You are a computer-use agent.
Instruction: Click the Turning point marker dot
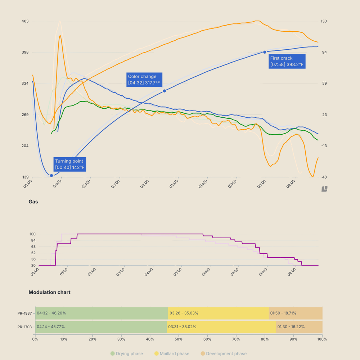tap(51, 175)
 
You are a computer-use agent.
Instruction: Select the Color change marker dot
tap(165, 91)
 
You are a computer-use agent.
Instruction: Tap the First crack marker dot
tap(265, 53)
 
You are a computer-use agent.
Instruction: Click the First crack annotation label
tap(287, 62)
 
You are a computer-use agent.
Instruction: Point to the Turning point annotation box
tap(70, 165)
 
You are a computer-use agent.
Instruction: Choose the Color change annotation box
tap(144, 80)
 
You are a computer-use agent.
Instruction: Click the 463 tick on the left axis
tap(25, 21)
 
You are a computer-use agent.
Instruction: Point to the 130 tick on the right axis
tap(324, 21)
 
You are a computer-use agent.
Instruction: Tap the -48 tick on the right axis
tap(324, 177)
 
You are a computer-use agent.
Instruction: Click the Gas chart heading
tap(33, 202)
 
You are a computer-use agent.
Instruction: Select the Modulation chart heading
tap(49, 292)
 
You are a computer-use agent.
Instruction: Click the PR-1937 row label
tap(25, 313)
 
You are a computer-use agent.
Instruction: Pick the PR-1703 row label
tap(25, 327)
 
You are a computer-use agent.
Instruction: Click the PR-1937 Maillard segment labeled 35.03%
tap(218, 313)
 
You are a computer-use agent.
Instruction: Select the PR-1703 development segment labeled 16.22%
tap(299, 327)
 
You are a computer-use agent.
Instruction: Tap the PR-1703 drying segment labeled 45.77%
tap(101, 327)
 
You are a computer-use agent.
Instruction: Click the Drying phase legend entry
tap(127, 354)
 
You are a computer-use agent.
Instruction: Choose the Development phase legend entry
tap(224, 354)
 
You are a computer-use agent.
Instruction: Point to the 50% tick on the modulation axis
tap(179, 339)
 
